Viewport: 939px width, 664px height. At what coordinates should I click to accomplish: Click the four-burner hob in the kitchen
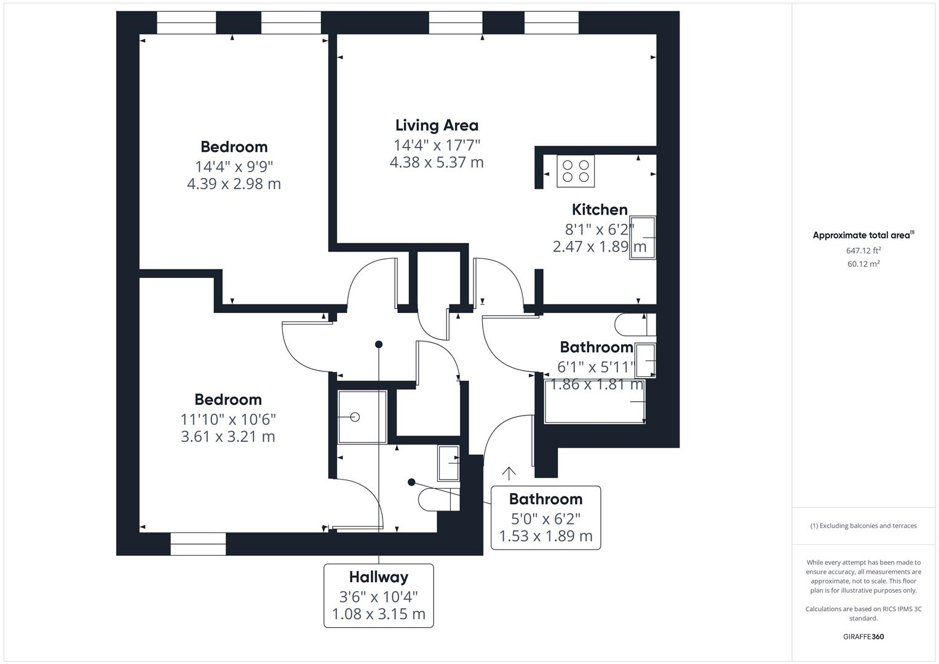coord(576,171)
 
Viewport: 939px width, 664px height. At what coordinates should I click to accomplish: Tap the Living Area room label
coord(437,125)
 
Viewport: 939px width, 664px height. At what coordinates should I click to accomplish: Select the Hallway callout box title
coord(378,577)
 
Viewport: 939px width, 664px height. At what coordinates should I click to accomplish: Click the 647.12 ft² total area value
coord(863,250)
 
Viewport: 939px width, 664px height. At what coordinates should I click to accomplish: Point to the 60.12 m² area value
coord(863,264)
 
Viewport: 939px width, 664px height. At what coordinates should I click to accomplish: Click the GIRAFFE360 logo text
coord(863,636)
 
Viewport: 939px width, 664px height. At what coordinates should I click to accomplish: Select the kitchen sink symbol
coord(642,237)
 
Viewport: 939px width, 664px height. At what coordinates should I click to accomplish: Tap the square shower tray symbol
coord(362,417)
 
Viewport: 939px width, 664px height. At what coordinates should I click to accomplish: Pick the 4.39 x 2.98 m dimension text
coord(234,184)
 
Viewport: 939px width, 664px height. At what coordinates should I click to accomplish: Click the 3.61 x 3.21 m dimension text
coord(228,437)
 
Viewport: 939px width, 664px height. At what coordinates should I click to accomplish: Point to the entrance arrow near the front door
coord(509,473)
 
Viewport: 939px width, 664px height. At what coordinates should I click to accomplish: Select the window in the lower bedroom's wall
coord(198,544)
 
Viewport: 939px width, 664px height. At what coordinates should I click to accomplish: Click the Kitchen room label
coord(600,209)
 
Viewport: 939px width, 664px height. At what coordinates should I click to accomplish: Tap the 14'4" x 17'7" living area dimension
coord(437,145)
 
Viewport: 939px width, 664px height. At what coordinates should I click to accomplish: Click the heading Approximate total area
coord(862,235)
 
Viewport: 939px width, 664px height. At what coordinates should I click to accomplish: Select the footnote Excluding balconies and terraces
coord(863,526)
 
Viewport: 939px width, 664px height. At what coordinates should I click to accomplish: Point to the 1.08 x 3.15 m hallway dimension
coord(378,614)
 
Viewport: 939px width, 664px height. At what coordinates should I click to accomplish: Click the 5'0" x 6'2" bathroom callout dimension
coord(545,518)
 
